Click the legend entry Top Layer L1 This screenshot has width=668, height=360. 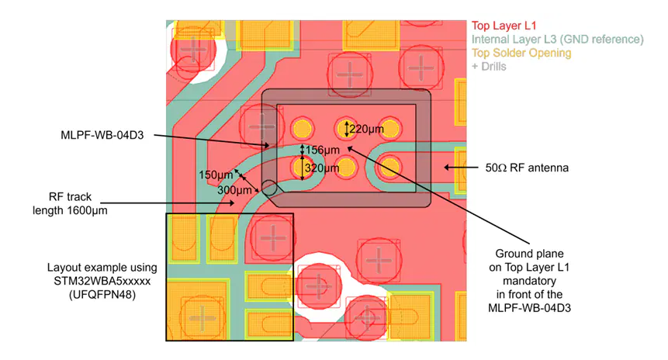[504, 26]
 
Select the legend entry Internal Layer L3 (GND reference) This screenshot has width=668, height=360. [557, 40]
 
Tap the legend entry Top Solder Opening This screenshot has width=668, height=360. [521, 54]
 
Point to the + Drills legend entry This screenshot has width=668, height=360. [489, 67]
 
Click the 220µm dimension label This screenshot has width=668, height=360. [366, 129]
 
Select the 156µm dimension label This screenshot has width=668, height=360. [323, 150]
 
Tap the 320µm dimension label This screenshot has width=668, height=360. [322, 168]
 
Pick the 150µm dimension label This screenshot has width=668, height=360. [216, 175]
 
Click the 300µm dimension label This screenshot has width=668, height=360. [234, 190]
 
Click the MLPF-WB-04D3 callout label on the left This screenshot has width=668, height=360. [102, 136]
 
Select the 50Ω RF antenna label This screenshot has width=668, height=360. [527, 168]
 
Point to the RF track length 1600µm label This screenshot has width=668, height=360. [71, 203]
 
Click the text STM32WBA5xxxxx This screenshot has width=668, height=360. [102, 281]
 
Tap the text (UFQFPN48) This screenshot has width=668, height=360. [102, 295]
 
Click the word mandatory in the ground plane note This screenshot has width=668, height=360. [530, 281]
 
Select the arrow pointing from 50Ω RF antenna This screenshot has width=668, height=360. [461, 168]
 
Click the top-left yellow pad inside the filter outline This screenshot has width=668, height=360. [303, 129]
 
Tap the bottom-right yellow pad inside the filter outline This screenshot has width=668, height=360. [389, 167]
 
